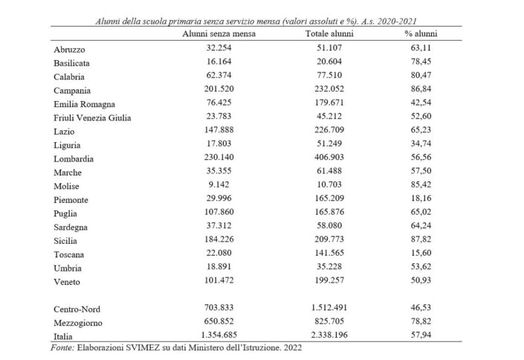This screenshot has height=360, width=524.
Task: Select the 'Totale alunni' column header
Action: pyautogui.click(x=329, y=34)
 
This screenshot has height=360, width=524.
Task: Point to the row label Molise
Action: pyautogui.click(x=67, y=186)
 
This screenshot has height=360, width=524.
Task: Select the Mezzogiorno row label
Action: pyautogui.click(x=77, y=324)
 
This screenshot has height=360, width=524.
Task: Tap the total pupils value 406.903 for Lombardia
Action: pyautogui.click(x=329, y=158)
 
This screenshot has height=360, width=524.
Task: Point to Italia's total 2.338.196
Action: pyautogui.click(x=329, y=336)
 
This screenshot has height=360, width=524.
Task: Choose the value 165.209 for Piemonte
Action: pyautogui.click(x=329, y=199)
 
